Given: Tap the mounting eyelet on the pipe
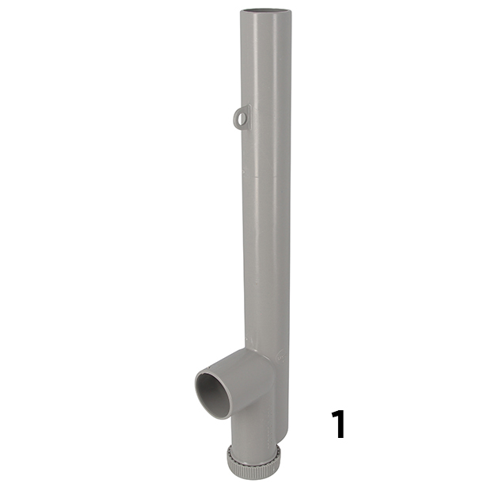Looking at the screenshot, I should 241,117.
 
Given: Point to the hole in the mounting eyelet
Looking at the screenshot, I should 239,118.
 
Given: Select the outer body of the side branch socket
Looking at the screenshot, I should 246,380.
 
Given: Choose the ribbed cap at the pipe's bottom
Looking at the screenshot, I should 253,464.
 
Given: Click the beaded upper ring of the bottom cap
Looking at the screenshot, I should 253,451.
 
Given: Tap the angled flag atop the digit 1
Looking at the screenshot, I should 333,413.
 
